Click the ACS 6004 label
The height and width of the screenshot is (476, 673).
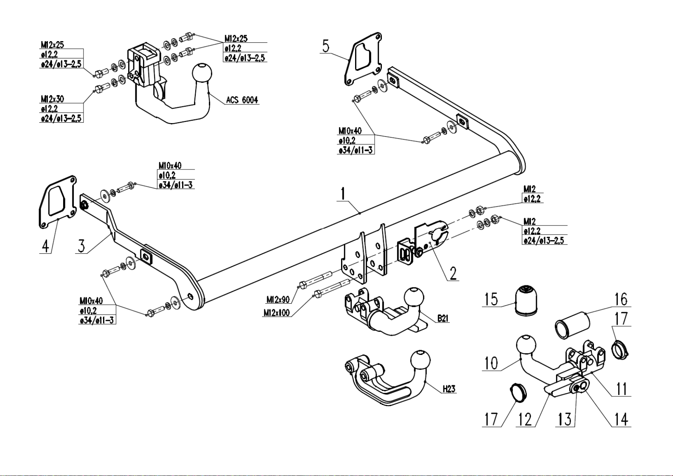tap(242, 100)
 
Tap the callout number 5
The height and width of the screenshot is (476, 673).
tap(326, 46)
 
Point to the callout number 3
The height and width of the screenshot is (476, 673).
tap(81, 245)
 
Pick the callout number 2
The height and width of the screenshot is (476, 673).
tap(453, 273)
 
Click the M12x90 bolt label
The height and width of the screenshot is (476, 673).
tap(278, 300)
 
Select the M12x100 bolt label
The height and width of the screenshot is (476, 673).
tap(276, 313)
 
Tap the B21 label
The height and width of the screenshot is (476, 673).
tap(443, 318)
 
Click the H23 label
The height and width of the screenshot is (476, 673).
tap(449, 388)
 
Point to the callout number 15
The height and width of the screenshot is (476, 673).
tap(491, 299)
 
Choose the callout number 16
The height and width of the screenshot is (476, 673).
tap(621, 299)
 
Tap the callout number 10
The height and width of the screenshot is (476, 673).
tap(491, 363)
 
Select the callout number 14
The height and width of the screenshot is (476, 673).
tap(621, 419)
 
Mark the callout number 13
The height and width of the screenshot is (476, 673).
tap(565, 419)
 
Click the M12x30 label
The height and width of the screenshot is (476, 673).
tap(52, 99)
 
